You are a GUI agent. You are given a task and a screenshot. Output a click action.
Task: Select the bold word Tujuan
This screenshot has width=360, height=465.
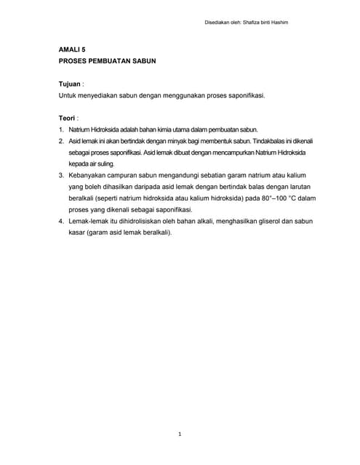point(69,84)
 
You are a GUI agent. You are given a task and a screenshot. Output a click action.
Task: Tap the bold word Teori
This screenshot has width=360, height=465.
point(68,117)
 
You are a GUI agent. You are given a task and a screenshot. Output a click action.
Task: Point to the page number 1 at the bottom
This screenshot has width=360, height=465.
point(180,434)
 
